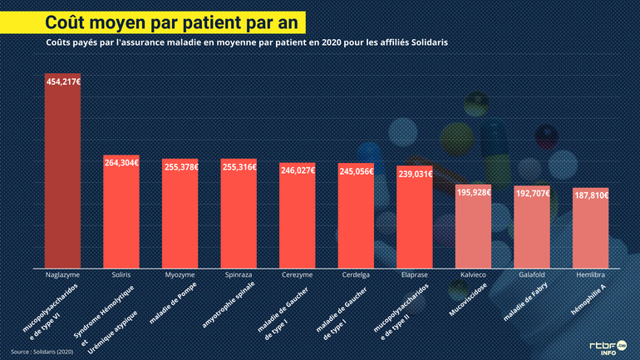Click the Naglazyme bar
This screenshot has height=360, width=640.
[62, 170]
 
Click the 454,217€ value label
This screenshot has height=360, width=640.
[63, 81]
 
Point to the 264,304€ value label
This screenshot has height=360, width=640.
[121, 164]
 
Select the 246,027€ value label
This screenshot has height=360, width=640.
[297, 170]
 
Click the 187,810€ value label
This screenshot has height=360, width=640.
[591, 195]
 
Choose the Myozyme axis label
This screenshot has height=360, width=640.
[180, 274]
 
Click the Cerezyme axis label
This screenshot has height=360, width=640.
[297, 274]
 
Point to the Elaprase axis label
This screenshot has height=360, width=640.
[414, 274]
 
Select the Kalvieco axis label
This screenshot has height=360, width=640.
[473, 274]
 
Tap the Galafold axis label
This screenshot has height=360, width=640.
[532, 274]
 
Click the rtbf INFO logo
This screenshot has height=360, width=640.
[608, 346]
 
